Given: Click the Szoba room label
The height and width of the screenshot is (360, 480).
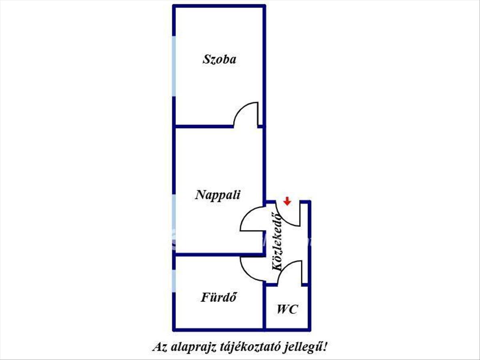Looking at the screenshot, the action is (219, 60).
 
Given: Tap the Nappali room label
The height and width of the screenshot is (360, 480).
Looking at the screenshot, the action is (218, 195).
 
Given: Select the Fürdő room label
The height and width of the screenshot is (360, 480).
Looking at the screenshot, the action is (219, 297).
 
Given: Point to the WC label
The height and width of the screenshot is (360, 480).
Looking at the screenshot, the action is (287, 309).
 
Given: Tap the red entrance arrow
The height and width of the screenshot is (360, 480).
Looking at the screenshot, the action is (287, 201).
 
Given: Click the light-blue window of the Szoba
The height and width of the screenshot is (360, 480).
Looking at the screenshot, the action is (174, 66).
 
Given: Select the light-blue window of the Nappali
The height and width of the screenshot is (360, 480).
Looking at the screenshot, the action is (174, 222).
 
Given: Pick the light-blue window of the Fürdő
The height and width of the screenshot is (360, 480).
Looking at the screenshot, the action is (174, 281).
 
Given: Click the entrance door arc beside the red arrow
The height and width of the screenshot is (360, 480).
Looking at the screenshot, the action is (282, 219).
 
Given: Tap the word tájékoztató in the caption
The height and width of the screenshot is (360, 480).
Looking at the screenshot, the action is (248, 348).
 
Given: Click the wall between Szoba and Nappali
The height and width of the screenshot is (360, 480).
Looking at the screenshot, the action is (203, 126).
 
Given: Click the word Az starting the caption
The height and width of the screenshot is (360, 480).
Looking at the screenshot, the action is (160, 347).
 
